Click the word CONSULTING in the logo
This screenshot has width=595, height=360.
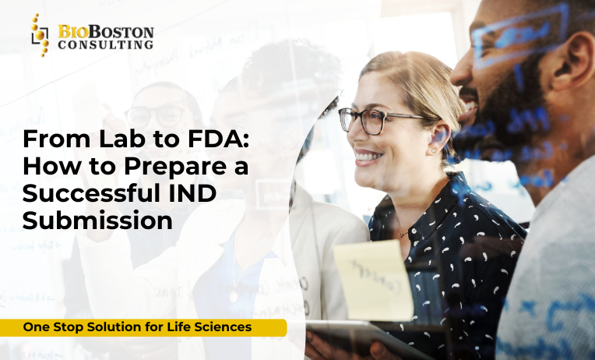(x=106, y=45)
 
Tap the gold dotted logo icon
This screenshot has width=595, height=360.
(x=39, y=35)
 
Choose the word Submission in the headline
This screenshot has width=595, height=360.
(x=97, y=221)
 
